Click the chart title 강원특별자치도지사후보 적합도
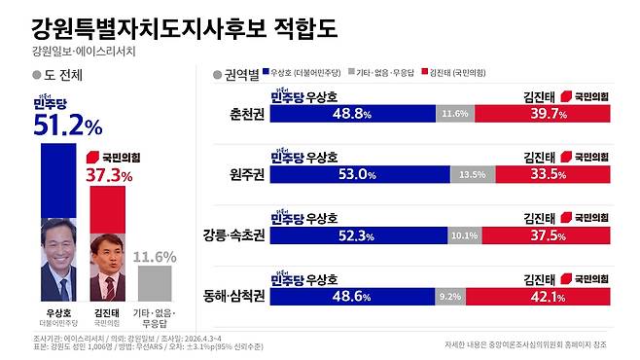click(184, 26)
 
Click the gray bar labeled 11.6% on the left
click(155, 282)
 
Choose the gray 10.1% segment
click(463, 234)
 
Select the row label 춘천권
click(242, 114)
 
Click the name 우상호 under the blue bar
click(57, 313)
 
